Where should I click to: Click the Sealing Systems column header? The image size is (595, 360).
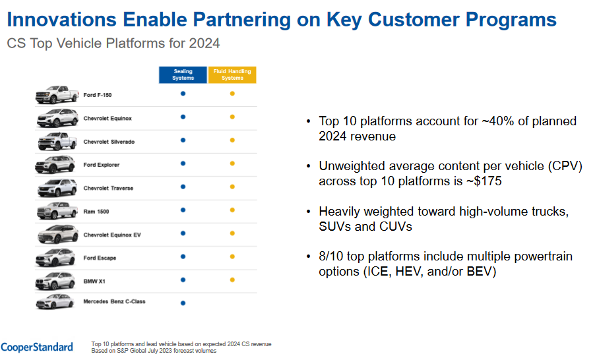pos(183,75)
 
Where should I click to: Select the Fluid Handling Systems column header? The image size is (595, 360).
pos(232,75)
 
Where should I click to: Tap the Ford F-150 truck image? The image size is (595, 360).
pos(57,94)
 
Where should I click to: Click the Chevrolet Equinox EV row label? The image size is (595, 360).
pos(112,235)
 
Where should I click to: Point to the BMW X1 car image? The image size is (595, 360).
pos(55,281)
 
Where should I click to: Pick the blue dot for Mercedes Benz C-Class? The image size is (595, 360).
pos(183,303)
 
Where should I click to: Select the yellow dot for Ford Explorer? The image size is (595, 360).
pos(232,164)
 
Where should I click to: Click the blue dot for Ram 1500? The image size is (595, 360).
pos(183,210)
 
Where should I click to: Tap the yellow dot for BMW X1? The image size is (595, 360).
pos(232,280)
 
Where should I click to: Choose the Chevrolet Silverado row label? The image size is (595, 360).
pos(109,142)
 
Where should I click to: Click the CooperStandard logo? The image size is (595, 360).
pos(37,347)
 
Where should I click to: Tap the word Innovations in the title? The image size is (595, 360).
pos(62,19)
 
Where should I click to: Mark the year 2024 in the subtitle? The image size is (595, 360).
pos(204,44)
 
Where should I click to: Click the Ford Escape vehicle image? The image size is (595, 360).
pos(55,258)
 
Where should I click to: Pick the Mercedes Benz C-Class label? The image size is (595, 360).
pos(114,301)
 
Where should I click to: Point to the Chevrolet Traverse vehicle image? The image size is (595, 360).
pos(57,188)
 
